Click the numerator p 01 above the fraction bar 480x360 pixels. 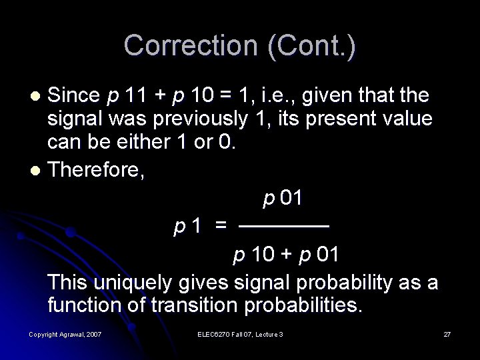283,197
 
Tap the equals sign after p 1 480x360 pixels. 220,227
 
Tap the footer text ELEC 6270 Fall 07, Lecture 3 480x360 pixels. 241,333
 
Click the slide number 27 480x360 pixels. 447,333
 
